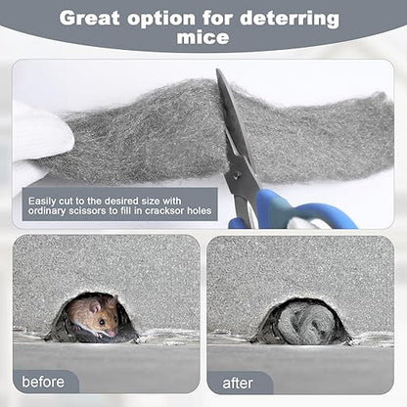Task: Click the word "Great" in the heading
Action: tap(89, 19)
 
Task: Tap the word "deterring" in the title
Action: tap(290, 20)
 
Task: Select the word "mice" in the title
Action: tap(203, 37)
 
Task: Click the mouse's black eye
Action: tap(102, 322)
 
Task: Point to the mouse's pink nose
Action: tap(113, 333)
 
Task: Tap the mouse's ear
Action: tap(95, 306)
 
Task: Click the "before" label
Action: tap(43, 382)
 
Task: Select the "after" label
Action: tap(238, 384)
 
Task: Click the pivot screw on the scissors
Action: tap(236, 176)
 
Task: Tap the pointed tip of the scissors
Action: tap(218, 70)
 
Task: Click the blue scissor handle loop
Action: tap(326, 216)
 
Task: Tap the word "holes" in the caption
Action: tap(200, 210)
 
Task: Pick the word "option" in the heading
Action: tap(161, 20)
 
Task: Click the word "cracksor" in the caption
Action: tap(164, 210)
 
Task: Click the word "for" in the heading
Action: tap(217, 19)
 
